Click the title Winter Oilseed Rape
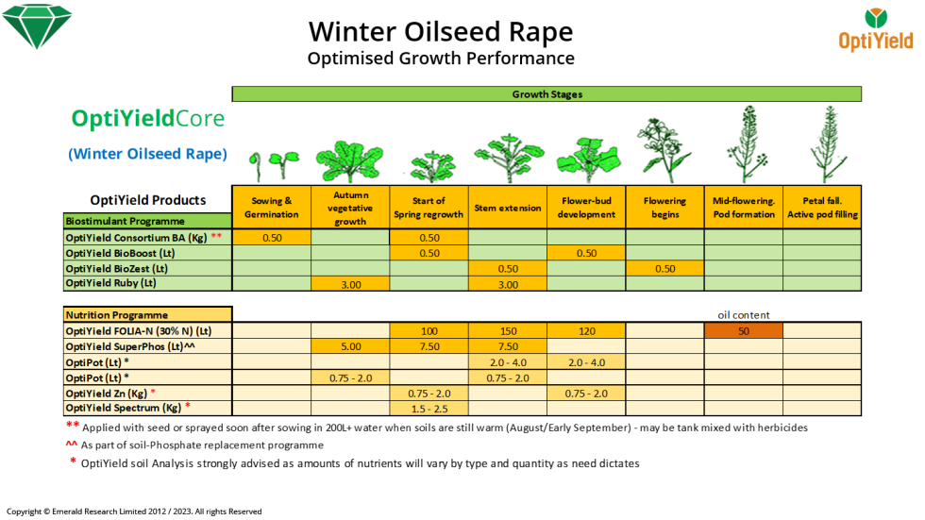pos(441,32)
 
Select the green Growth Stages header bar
pos(547,94)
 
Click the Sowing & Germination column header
pos(271,208)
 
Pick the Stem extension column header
pos(508,208)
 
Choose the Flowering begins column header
pos(664,208)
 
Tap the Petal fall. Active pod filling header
pos(822,208)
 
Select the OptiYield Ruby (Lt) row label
pos(110,283)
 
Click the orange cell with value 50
pos(744,330)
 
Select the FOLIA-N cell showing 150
pos(508,330)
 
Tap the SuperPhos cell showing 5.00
pos(350,345)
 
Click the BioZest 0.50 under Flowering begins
pos(664,268)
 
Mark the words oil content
pos(744,314)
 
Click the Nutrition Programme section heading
pos(116,314)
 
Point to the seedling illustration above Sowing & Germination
pos(268,162)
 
